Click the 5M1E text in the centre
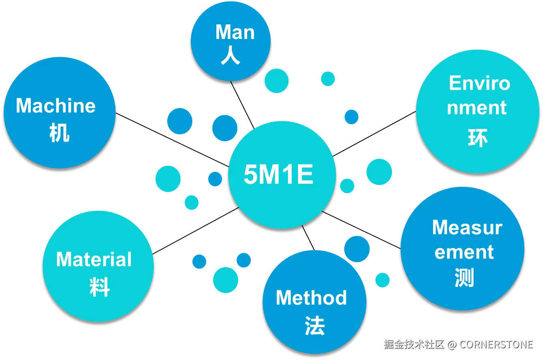(278, 175)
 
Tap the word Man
(235, 32)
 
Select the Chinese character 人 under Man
(231, 56)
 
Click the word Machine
(56, 106)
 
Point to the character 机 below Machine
(59, 132)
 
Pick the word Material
(94, 259)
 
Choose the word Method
(311, 298)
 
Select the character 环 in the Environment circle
(477, 138)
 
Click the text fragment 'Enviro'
(479, 84)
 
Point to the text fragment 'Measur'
(467, 228)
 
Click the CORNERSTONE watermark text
(496, 345)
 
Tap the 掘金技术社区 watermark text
(414, 345)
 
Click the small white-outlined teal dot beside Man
(276, 81)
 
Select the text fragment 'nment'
(476, 108)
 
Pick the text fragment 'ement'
(464, 252)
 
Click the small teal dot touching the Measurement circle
(382, 280)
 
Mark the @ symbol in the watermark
(452, 345)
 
